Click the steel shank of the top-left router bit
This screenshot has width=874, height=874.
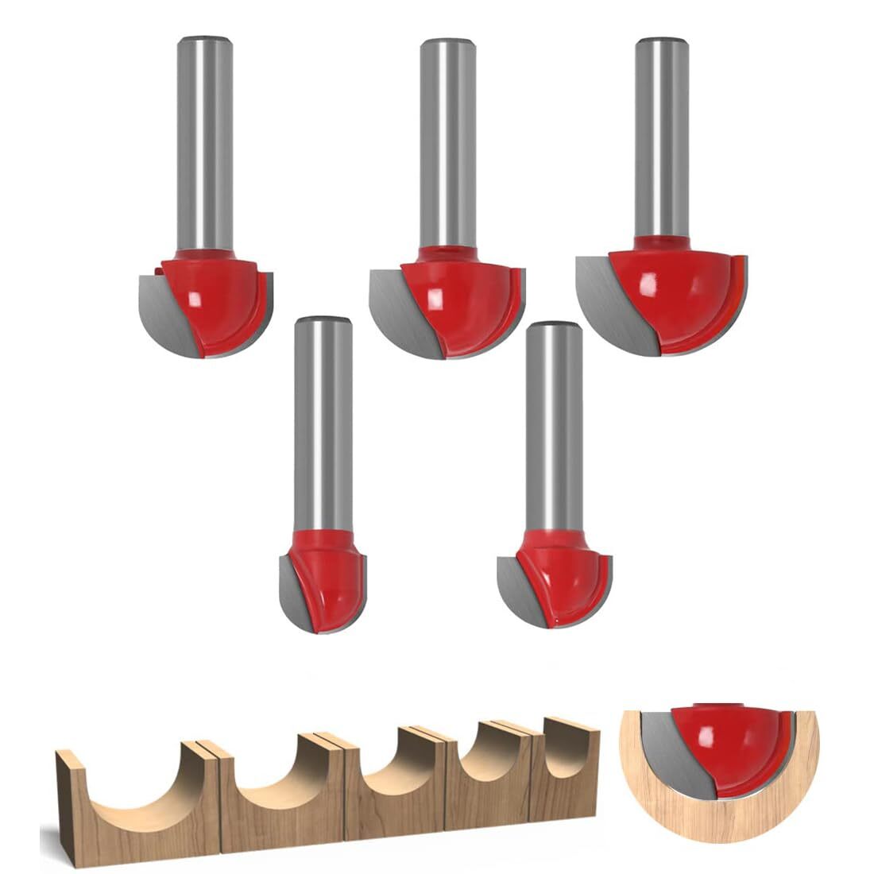pos(205,143)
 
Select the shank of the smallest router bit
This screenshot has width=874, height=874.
pos(323,421)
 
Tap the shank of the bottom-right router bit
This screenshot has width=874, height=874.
pos(554,421)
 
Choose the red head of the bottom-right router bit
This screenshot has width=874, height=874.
pos(564,576)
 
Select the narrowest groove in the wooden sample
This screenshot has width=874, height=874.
pos(568,759)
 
